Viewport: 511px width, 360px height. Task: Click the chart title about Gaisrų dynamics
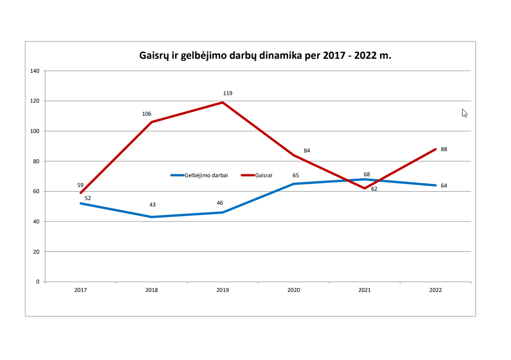(265, 55)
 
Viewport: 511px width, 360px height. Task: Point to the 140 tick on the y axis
(35, 71)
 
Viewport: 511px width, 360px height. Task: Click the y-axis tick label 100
(35, 131)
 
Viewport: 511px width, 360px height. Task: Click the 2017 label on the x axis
(81, 290)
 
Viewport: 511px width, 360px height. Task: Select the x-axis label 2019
(222, 290)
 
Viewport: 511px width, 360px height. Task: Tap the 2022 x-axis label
(435, 290)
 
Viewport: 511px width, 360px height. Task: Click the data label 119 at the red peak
(228, 93)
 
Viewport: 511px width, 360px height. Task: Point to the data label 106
(147, 114)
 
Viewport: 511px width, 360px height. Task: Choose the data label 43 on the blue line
(152, 205)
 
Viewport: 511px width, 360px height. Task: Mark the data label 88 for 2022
(444, 149)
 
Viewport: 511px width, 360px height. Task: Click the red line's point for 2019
(223, 102)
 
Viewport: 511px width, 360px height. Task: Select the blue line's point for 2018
(152, 217)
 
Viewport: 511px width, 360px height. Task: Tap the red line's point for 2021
(365, 188)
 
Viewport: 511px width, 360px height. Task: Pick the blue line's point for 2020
(294, 184)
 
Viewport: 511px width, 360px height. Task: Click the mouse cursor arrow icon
(464, 113)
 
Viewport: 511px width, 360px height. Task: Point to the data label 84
(307, 151)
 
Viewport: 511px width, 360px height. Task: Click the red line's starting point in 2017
(81, 193)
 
